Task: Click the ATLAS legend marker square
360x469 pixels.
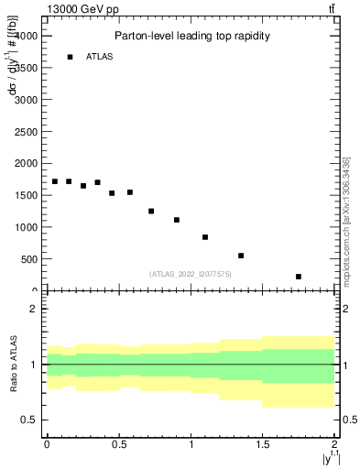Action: point(70,57)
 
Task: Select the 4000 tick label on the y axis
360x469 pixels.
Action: point(27,36)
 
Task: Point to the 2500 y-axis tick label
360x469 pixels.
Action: point(27,131)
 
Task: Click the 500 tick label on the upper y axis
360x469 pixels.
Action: point(29,259)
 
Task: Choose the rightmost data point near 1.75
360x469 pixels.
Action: point(299,277)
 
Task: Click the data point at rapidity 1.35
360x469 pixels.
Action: point(241,256)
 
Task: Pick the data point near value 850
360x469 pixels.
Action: point(205,237)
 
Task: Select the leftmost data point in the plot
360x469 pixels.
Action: point(55,181)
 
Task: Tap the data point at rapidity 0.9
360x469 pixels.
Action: point(177,220)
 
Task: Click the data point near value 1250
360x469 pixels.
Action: point(151,211)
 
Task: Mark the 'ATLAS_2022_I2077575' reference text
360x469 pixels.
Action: point(191,274)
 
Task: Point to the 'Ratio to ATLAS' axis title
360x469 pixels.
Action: point(14,364)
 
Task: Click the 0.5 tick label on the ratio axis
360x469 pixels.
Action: point(30,420)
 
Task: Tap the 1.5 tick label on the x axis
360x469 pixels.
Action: point(263,444)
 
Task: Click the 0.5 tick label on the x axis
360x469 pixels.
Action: point(119,444)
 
